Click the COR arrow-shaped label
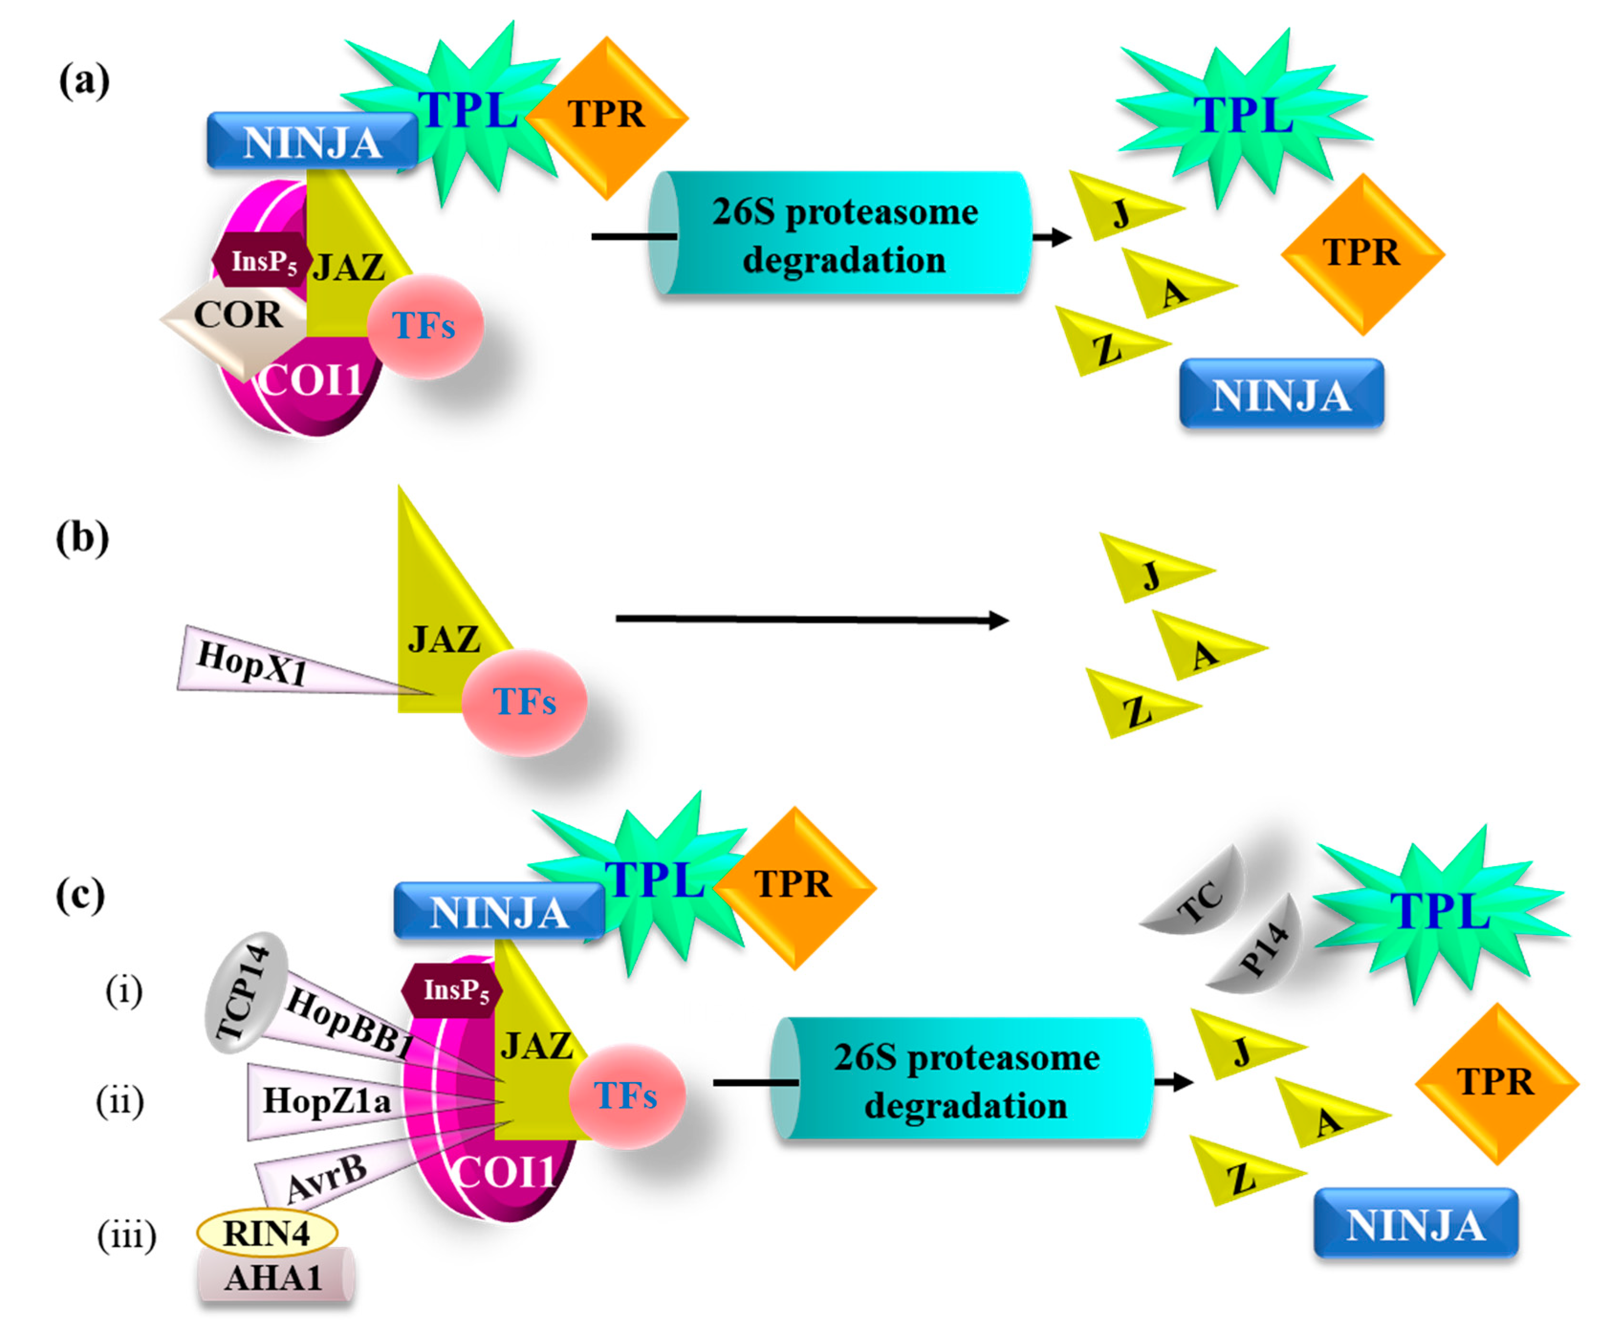[x=236, y=315]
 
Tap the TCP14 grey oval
[x=245, y=992]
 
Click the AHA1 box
[x=274, y=1277]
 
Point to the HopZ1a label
[x=326, y=1101]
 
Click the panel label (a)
[x=84, y=81]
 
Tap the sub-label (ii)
[x=120, y=1101]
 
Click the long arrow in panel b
[x=811, y=619]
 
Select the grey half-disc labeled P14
[x=1261, y=948]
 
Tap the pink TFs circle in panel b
[x=524, y=701]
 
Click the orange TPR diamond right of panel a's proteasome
[x=1362, y=254]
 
